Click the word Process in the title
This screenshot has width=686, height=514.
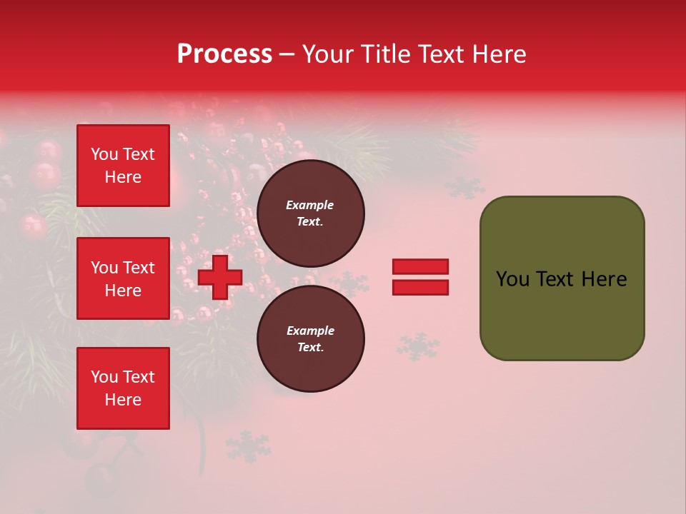tap(224, 54)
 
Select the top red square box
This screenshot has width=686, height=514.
tap(123, 166)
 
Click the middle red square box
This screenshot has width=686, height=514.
tap(123, 278)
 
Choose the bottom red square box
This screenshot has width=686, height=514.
tap(123, 388)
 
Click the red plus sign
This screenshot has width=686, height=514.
tap(220, 278)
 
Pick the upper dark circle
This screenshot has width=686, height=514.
tap(311, 213)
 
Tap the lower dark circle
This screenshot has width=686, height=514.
tap(311, 338)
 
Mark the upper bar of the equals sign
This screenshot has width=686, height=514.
tap(420, 267)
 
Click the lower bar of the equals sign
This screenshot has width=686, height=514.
tap(420, 287)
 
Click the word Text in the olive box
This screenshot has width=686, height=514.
tap(557, 279)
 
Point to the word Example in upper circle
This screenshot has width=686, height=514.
tap(309, 205)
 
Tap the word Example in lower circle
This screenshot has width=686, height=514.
tap(310, 331)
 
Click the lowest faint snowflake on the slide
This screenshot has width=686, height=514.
tap(249, 446)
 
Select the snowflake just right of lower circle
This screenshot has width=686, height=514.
tap(418, 346)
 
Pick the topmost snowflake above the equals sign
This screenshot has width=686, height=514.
tap(465, 187)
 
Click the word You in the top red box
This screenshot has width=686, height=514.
tap(104, 154)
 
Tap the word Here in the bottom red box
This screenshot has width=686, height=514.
tap(123, 400)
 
